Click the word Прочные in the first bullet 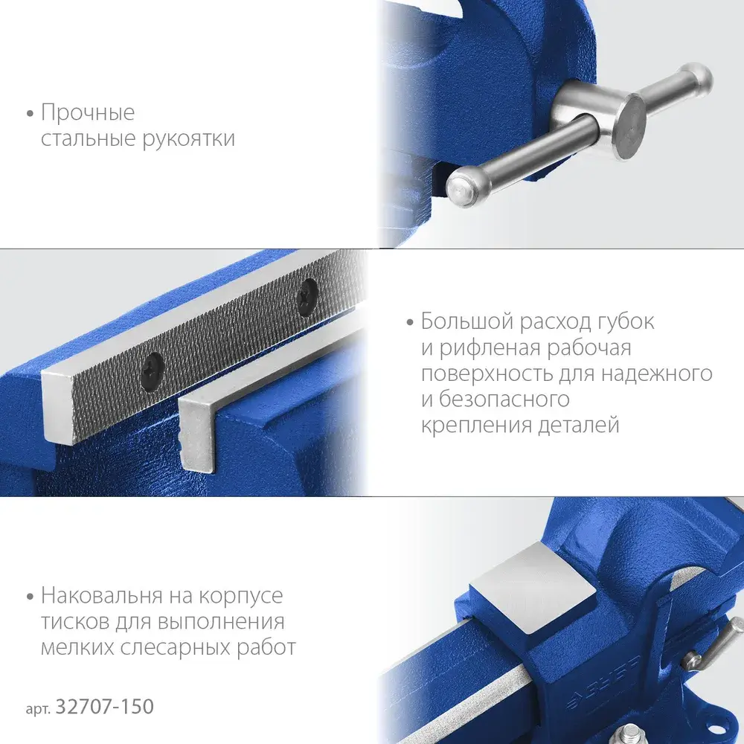point(88,113)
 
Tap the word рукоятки point(188,139)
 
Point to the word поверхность point(487,374)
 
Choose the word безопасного point(504,399)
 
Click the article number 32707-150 point(105,707)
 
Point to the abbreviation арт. point(39,709)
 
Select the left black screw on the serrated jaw point(153,368)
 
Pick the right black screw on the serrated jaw point(307,295)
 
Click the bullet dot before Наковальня point(31,597)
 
